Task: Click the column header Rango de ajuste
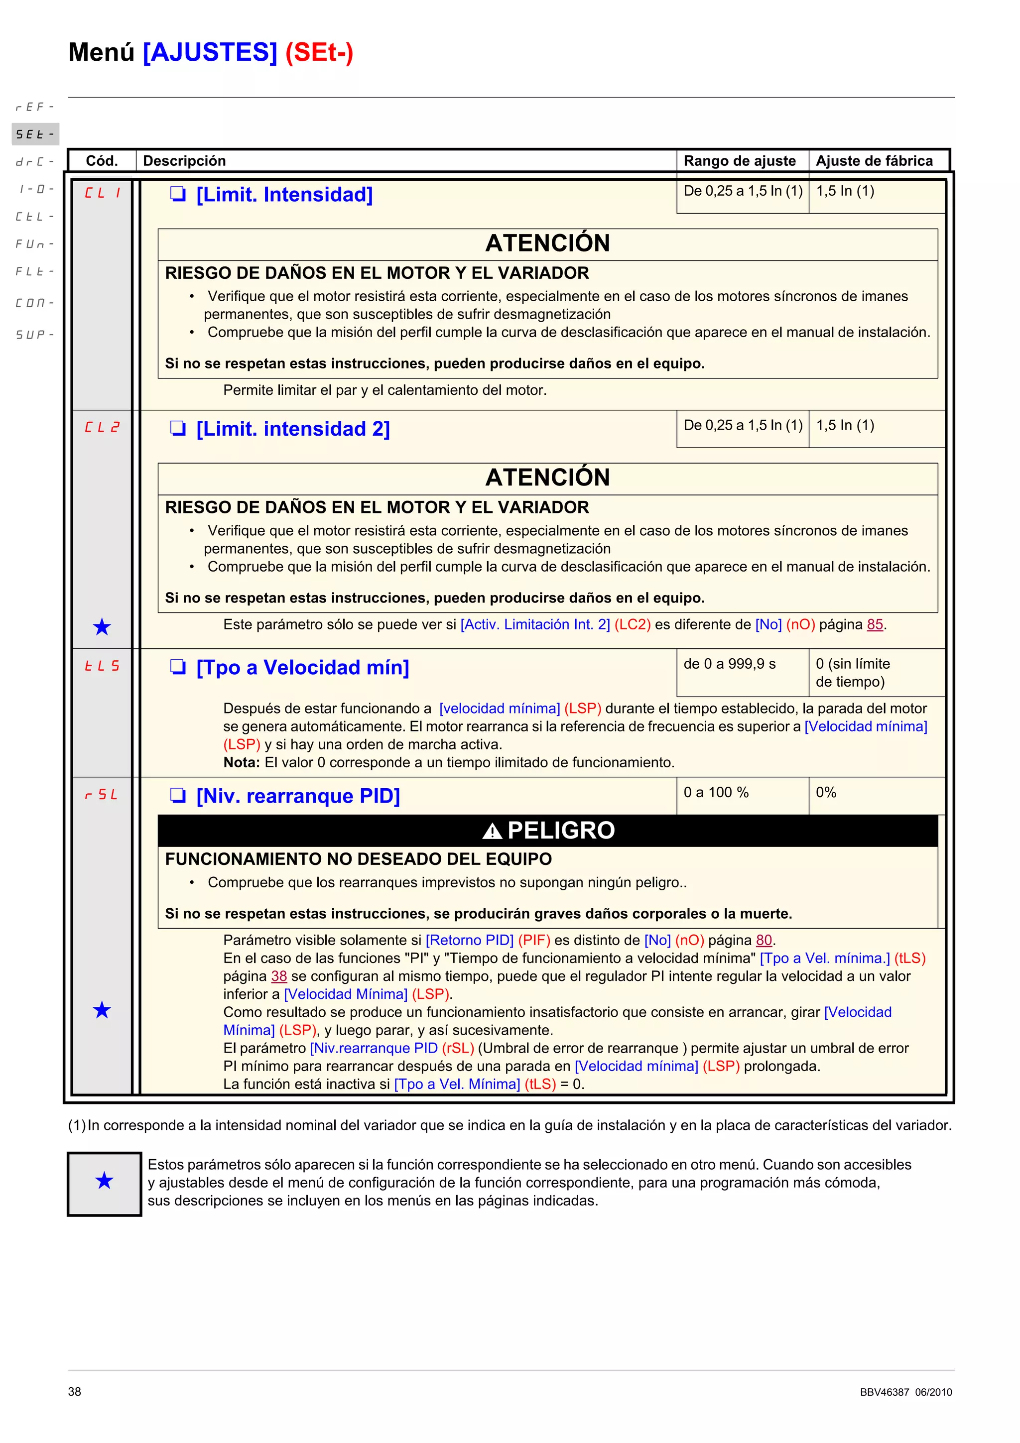click(x=739, y=161)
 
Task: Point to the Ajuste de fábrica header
click(x=874, y=161)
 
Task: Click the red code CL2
click(x=102, y=427)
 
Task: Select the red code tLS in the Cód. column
click(x=102, y=666)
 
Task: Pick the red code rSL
click(x=102, y=795)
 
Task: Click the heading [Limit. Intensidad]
click(x=284, y=195)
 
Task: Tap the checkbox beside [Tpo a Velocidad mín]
click(x=178, y=667)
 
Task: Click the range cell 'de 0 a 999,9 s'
click(x=730, y=664)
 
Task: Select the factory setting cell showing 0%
click(x=826, y=793)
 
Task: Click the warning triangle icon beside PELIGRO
click(x=492, y=832)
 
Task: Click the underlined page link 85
click(x=875, y=625)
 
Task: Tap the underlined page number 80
click(x=764, y=940)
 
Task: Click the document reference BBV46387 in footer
click(x=884, y=1392)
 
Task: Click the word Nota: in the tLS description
click(x=242, y=762)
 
